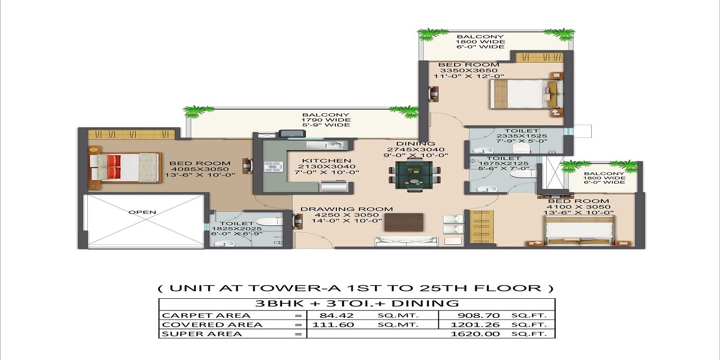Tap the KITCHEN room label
click(327, 161)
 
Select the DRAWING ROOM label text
click(346, 209)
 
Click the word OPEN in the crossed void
click(142, 212)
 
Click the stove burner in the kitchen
click(273, 166)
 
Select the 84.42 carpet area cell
click(336, 315)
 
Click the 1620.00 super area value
click(475, 334)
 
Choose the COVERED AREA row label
click(211, 325)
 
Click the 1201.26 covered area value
click(475, 325)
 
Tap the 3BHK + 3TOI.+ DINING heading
click(357, 303)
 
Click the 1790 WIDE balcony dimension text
click(325, 120)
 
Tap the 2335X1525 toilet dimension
click(522, 136)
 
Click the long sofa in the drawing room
click(406, 242)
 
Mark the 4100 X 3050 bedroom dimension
click(578, 207)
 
